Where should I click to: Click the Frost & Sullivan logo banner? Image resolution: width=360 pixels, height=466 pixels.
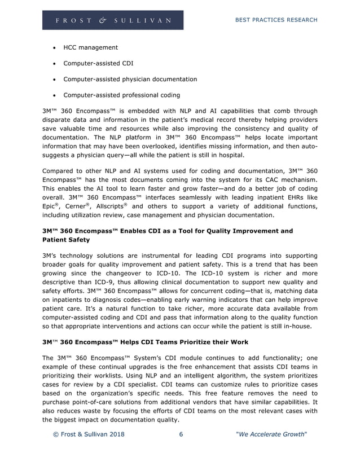(113, 20)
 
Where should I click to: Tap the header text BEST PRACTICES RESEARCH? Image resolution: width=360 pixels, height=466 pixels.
(275, 20)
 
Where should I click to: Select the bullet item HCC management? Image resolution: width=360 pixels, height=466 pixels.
(90, 47)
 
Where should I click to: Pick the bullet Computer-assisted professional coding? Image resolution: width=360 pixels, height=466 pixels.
(121, 95)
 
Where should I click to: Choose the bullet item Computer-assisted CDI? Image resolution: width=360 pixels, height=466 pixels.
(98, 63)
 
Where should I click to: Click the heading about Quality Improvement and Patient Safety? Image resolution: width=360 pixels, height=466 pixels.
(168, 235)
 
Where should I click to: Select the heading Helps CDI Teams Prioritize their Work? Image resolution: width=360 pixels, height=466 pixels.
(145, 342)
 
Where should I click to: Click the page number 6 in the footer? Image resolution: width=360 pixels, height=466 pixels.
(181, 434)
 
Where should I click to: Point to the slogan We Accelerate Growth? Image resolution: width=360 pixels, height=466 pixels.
(271, 434)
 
